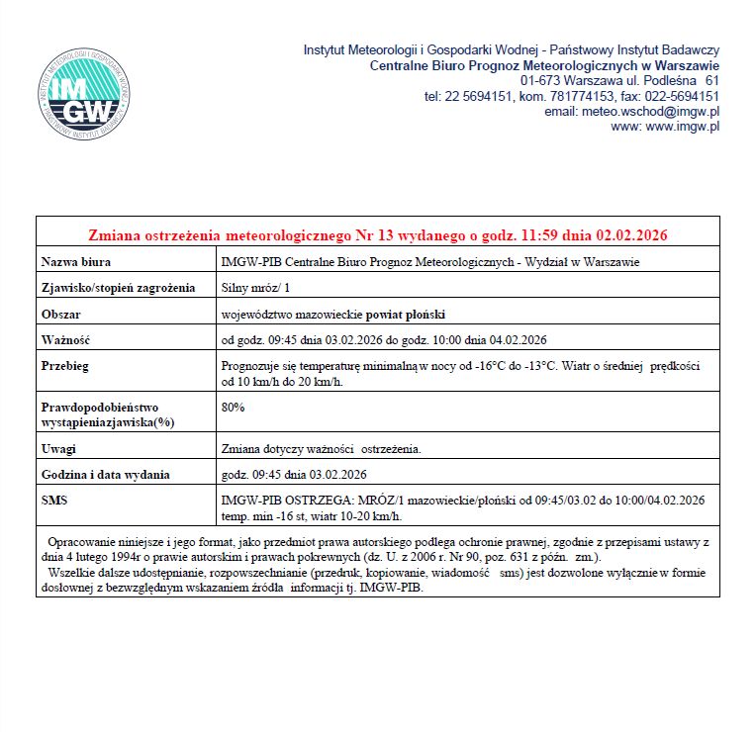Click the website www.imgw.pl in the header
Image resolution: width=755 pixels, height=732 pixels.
click(682, 127)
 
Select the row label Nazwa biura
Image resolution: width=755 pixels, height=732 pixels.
click(75, 262)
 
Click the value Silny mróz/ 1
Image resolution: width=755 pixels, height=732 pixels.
click(249, 288)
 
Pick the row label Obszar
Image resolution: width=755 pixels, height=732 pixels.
click(60, 315)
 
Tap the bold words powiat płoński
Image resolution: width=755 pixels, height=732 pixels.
click(406, 315)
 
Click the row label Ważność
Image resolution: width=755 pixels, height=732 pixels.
click(65, 340)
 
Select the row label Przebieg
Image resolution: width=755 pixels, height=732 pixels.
click(65, 366)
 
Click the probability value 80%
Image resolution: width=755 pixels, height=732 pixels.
click(234, 407)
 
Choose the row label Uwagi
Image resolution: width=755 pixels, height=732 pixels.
click(58, 449)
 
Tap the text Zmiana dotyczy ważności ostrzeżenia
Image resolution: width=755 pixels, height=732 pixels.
click(322, 449)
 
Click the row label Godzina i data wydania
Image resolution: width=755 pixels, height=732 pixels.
click(105, 474)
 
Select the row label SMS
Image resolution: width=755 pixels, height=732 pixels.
click(53, 500)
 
